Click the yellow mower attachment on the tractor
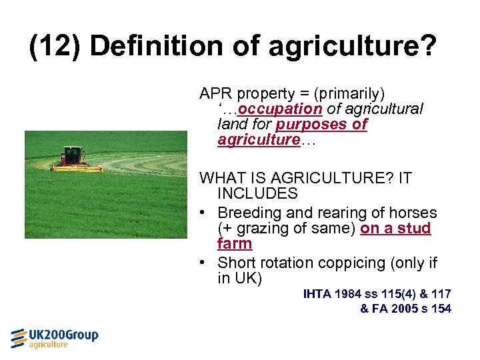[77, 168]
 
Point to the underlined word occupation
[280, 109]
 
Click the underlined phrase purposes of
[321, 124]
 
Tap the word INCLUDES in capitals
[257, 194]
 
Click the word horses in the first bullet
[413, 213]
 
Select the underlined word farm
[235, 244]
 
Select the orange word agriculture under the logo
[48, 345]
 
